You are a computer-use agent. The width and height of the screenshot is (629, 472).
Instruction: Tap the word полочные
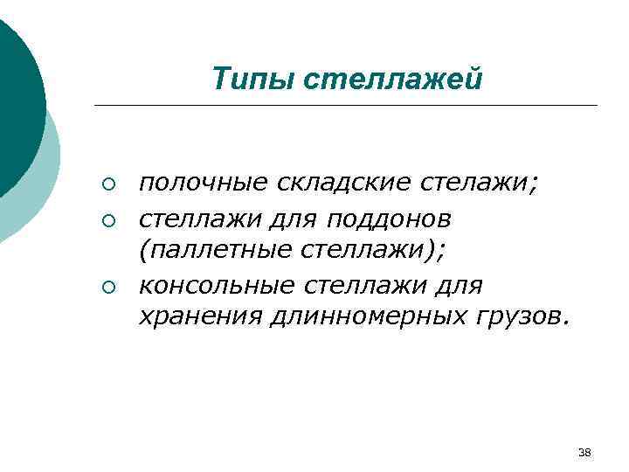point(205,184)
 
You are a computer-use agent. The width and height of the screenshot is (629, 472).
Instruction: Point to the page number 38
point(584,452)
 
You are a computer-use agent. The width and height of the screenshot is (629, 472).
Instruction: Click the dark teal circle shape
point(16,96)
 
